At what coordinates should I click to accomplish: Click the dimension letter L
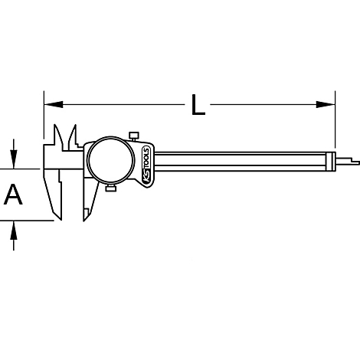click(198, 105)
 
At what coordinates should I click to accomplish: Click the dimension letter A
click(13, 195)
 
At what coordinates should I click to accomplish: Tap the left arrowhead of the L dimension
click(54, 104)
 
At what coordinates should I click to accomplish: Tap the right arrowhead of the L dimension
click(326, 104)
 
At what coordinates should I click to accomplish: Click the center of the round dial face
click(110, 160)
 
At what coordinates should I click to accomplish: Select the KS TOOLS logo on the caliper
click(147, 166)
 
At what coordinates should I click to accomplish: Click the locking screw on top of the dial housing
click(134, 136)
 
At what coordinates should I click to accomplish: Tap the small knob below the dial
click(111, 188)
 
